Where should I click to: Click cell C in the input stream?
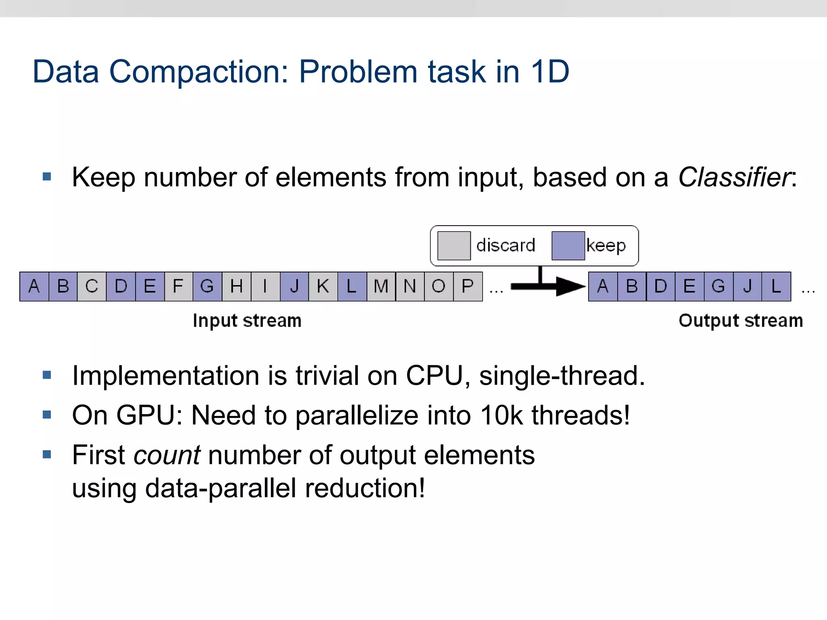[92, 287]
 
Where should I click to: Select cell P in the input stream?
[468, 287]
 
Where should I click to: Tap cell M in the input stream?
[381, 287]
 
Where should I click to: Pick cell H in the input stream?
[236, 287]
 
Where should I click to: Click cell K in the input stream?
[323, 287]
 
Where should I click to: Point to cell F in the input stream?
[178, 287]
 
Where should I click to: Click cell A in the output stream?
[603, 287]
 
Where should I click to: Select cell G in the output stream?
[718, 287]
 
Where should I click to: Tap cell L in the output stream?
[776, 287]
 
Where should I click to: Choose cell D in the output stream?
[661, 287]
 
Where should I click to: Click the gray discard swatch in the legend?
[454, 245]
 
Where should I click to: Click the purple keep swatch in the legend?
[568, 245]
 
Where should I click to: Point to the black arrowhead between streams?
[569, 287]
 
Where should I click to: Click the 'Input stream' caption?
[247, 321]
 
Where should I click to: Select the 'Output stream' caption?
[741, 321]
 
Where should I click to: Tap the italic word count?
[167, 455]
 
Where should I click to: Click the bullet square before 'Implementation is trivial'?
[47, 375]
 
